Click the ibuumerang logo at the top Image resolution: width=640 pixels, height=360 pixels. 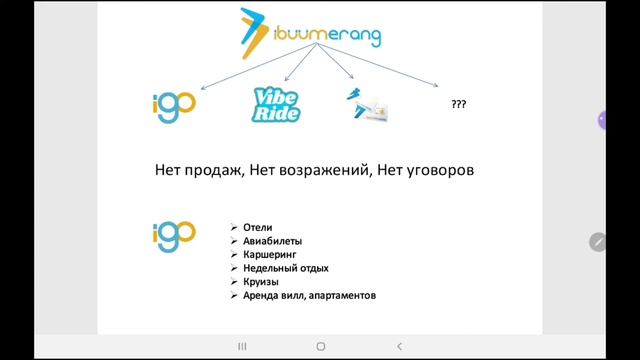pos(310,34)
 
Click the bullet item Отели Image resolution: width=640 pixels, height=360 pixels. pos(257,227)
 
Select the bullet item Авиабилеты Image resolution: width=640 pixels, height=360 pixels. pos(272,241)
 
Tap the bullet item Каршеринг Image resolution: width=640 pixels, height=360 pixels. pos(270,255)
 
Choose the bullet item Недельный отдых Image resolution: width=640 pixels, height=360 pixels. pos(285,268)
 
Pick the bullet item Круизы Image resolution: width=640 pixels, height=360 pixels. pos(261,282)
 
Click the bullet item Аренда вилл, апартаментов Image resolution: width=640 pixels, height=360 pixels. pos(308,296)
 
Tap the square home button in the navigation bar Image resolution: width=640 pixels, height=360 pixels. pos(320,346)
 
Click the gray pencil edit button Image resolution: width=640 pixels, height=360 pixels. pos(598,241)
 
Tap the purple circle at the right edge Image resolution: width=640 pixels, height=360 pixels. pos(603,119)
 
